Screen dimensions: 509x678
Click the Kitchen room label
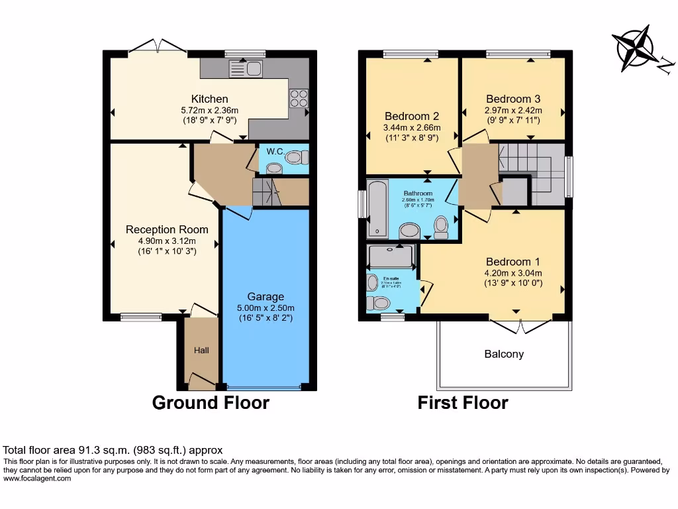coord(209,99)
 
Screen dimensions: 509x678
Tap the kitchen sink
coord(246,68)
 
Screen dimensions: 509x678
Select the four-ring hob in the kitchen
coord(299,98)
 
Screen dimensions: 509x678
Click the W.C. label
coord(275,152)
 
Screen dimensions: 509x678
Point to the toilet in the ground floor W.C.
coord(300,156)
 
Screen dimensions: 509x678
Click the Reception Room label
coord(167,230)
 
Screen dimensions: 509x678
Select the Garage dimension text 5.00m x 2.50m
coord(266,308)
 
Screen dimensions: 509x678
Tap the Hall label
coord(201,350)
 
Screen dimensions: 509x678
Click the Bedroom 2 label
coord(412,116)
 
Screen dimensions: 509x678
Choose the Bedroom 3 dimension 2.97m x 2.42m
coord(513,111)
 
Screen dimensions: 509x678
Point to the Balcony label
coord(504,355)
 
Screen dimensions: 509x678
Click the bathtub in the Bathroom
coord(377,208)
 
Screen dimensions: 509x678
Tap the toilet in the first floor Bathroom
coord(441,227)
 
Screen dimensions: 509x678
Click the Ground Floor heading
coord(211,402)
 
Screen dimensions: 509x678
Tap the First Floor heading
coord(463,402)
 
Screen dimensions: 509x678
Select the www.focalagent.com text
coord(37,479)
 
